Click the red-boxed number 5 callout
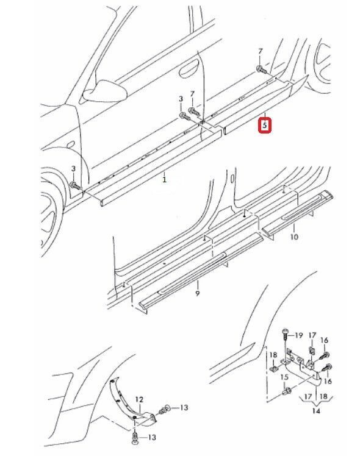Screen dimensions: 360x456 click(265, 126)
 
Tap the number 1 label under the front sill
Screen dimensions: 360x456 click(164, 179)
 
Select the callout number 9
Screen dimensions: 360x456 click(198, 293)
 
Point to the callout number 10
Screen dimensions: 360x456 click(294, 237)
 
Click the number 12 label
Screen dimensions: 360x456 click(139, 399)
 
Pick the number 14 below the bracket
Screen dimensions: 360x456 click(316, 411)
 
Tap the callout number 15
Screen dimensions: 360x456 click(284, 377)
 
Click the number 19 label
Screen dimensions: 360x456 click(298, 335)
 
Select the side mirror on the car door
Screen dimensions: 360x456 click(105, 91)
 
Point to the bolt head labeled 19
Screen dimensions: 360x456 click(285, 331)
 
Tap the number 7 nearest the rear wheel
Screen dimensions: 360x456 click(261, 51)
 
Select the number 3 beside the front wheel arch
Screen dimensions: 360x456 click(73, 169)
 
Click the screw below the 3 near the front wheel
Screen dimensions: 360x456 click(75, 185)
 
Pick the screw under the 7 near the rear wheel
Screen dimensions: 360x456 click(261, 69)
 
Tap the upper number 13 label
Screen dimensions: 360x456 click(184, 408)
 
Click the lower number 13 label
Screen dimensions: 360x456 click(151, 437)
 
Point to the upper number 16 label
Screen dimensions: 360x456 click(324, 340)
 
